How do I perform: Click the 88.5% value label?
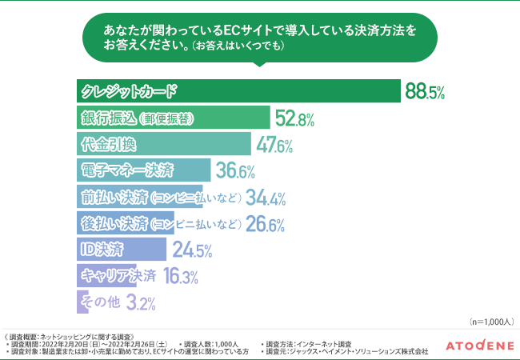click(425, 92)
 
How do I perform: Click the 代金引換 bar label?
click(109, 144)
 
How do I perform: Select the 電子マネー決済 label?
click(127, 170)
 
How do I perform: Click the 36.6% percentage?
click(235, 171)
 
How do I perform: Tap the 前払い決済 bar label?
click(160, 197)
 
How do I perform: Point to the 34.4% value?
click(267, 198)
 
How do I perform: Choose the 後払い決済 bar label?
click(160, 223)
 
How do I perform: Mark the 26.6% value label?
click(266, 224)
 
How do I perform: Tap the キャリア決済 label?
click(118, 276)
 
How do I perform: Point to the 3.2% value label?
click(141, 303)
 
